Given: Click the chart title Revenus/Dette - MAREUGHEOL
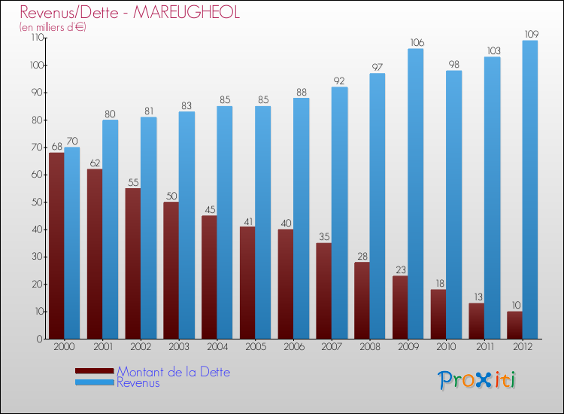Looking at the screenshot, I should [x=130, y=13].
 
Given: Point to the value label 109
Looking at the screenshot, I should [x=530, y=34].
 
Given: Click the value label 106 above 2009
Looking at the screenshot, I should [x=416, y=42].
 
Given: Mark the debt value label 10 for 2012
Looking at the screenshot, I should [x=514, y=305].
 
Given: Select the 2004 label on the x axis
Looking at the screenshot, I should [x=217, y=348].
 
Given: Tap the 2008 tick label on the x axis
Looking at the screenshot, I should [x=369, y=348].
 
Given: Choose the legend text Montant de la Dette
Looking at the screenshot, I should [x=173, y=372].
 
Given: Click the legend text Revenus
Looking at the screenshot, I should [x=138, y=382].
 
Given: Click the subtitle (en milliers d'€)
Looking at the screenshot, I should [x=53, y=27].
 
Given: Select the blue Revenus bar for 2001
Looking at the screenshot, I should [x=111, y=230].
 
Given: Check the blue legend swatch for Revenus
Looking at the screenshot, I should [x=95, y=383].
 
